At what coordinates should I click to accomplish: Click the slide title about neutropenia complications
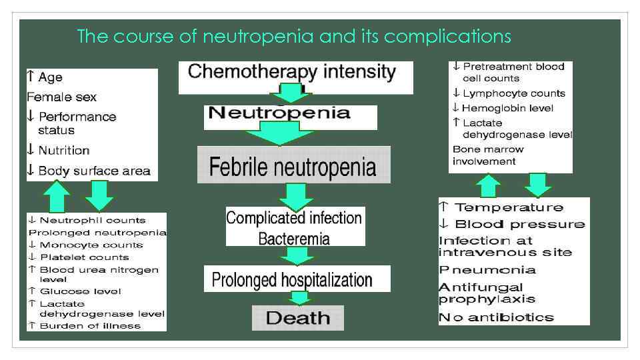(x=294, y=36)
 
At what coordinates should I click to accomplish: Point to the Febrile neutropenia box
(x=293, y=165)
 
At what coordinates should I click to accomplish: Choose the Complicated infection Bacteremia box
(x=294, y=227)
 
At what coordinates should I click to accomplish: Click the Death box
(x=297, y=317)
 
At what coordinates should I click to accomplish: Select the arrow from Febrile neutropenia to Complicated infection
(x=296, y=196)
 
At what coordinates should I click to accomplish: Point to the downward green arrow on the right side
(x=537, y=185)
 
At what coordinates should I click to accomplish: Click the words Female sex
(x=62, y=97)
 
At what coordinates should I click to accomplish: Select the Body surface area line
(x=89, y=171)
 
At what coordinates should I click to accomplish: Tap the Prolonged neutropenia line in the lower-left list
(x=97, y=233)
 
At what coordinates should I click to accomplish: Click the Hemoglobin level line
(x=503, y=108)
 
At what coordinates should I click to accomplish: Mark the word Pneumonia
(x=487, y=270)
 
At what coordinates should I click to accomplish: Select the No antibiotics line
(x=496, y=317)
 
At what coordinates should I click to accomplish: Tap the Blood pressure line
(x=513, y=224)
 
